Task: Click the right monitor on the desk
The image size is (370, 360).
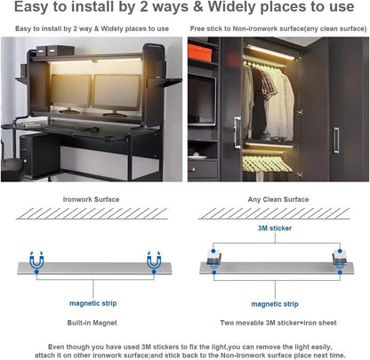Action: click(117, 93)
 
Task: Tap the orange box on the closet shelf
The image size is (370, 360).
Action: click(200, 52)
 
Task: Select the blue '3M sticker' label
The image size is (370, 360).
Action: click(275, 228)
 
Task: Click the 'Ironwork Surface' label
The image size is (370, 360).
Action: click(91, 199)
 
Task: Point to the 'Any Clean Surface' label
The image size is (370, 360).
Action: click(278, 199)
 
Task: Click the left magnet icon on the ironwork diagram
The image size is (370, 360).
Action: click(36, 260)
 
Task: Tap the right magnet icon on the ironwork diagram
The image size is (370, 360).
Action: click(154, 260)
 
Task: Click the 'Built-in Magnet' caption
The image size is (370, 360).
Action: click(92, 323)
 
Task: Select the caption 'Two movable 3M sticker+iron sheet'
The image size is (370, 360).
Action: click(278, 323)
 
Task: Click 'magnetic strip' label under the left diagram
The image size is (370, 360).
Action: click(92, 303)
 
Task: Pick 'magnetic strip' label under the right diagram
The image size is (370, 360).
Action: click(275, 304)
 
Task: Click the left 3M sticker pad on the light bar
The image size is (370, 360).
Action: click(213, 256)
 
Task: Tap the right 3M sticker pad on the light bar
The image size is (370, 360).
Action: click(339, 256)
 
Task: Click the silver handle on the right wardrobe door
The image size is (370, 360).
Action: click(336, 140)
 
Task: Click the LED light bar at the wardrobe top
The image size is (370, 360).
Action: click(270, 52)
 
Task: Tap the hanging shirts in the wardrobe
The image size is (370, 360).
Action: click(269, 100)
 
